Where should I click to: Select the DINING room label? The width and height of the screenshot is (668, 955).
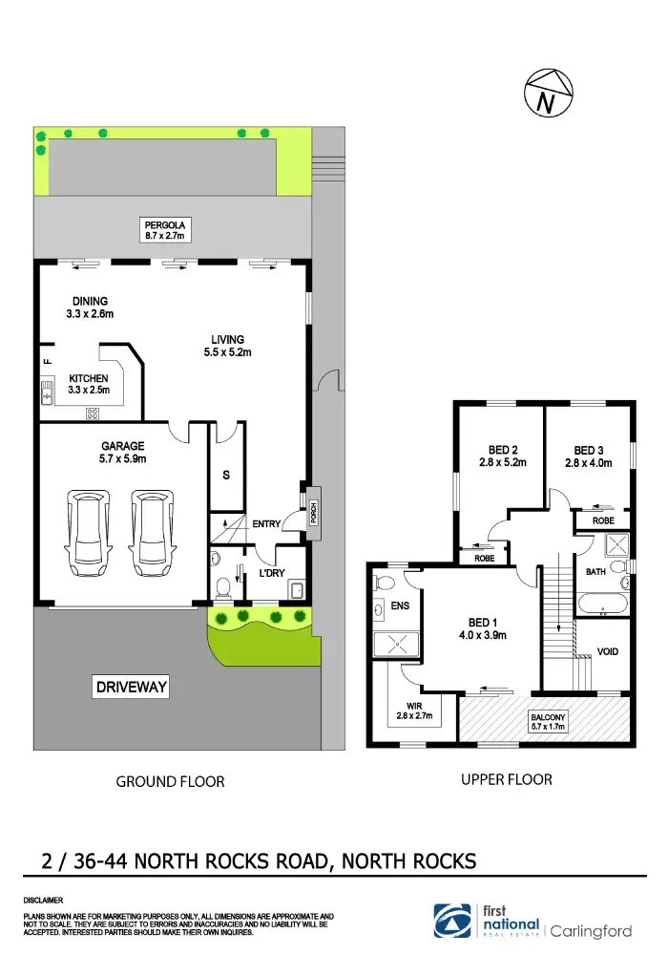tap(90, 308)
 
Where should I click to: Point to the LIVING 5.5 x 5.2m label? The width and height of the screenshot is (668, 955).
tap(228, 346)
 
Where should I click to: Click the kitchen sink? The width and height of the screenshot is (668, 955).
tap(47, 392)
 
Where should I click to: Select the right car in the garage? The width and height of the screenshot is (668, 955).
tap(147, 532)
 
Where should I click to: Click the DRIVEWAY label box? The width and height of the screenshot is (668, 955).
tap(132, 687)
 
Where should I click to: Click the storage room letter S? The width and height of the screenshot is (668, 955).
tap(226, 475)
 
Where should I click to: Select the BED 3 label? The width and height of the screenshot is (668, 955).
tap(589, 456)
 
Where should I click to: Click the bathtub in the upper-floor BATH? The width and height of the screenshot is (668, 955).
tap(602, 604)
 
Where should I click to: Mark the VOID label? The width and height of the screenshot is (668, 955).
tap(607, 652)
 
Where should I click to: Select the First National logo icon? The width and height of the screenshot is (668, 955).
tap(451, 920)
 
